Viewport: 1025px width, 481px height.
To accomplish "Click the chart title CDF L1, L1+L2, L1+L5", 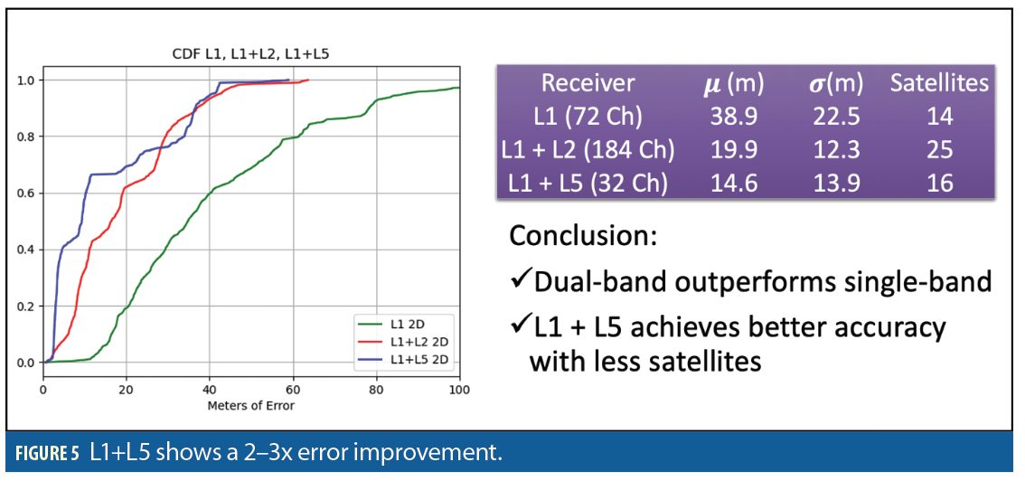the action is pyautogui.click(x=251, y=55).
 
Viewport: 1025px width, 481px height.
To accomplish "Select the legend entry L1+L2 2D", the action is pyautogui.click(x=402, y=341).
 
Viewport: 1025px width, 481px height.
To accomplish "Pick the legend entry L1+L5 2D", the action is pyautogui.click(x=402, y=357).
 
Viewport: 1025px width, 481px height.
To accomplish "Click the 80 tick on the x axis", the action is pyautogui.click(x=377, y=391).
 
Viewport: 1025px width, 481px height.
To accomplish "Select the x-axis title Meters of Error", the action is pyautogui.click(x=251, y=406).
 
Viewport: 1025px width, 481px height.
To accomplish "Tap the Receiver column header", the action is pyautogui.click(x=588, y=83).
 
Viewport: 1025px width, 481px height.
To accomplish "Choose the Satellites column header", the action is pyautogui.click(x=939, y=83).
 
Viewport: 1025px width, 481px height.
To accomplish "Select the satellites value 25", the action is pyautogui.click(x=939, y=150).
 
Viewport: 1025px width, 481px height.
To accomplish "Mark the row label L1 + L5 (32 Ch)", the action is pyautogui.click(x=588, y=183).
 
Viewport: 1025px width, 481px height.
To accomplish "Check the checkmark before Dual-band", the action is pyautogui.click(x=521, y=281).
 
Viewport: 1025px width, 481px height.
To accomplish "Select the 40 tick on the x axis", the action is pyautogui.click(x=210, y=391).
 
